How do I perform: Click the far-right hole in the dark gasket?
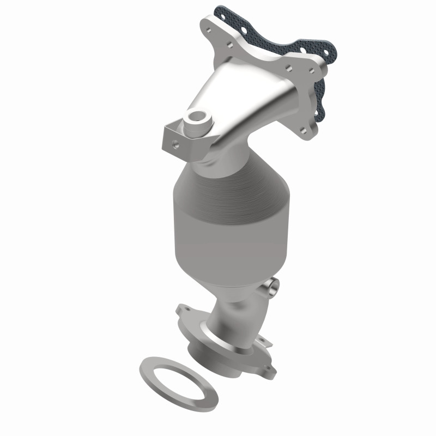(x=326, y=51)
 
